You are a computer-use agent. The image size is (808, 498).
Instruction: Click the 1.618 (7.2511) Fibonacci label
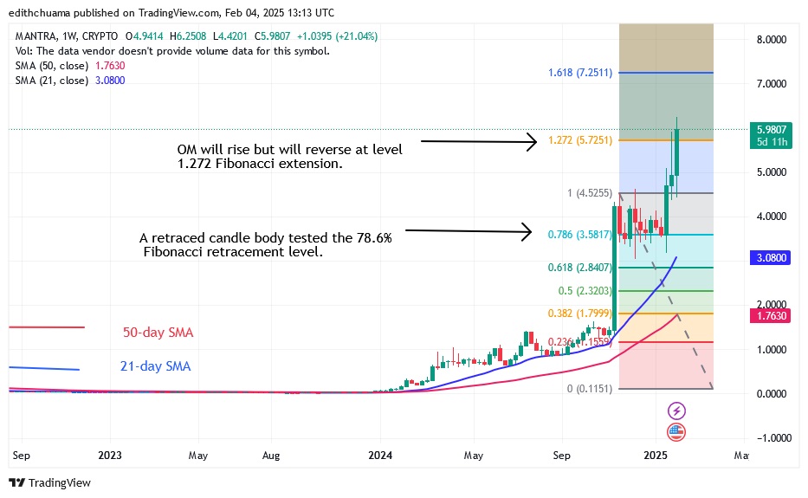(580, 73)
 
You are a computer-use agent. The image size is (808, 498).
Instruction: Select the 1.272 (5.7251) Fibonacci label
(580, 139)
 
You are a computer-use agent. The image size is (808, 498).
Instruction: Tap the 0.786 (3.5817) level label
(580, 234)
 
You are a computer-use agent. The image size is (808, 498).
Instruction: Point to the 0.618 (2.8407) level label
(580, 268)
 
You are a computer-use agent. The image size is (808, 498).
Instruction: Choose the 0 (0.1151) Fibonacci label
(590, 389)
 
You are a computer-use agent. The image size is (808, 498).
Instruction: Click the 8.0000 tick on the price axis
(770, 40)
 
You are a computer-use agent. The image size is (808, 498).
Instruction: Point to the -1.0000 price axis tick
(770, 438)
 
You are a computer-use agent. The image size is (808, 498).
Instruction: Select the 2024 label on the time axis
(381, 455)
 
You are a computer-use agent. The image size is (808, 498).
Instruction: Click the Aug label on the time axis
(271, 455)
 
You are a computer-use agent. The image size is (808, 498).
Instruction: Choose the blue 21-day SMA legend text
(155, 366)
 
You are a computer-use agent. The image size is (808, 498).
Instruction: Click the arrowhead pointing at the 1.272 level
(533, 142)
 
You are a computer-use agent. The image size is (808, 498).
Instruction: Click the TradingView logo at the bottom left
(50, 483)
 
